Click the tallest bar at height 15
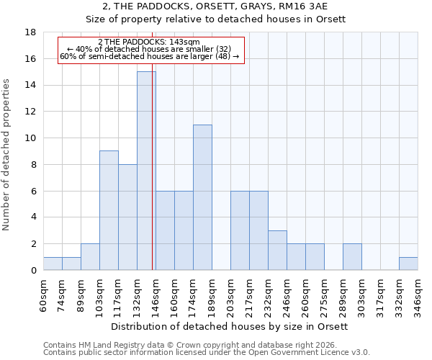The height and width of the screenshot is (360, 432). point(146,171)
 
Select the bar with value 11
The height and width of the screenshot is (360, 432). point(202,197)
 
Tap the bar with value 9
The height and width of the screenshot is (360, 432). point(109,210)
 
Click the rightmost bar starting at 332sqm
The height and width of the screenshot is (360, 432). point(408,264)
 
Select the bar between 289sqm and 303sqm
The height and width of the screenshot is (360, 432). point(352,257)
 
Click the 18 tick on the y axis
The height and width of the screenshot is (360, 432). point(31,32)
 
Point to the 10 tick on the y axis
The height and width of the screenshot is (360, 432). point(31,138)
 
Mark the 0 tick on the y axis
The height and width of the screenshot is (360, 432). point(34,271)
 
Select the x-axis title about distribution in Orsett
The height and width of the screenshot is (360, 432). point(230,326)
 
